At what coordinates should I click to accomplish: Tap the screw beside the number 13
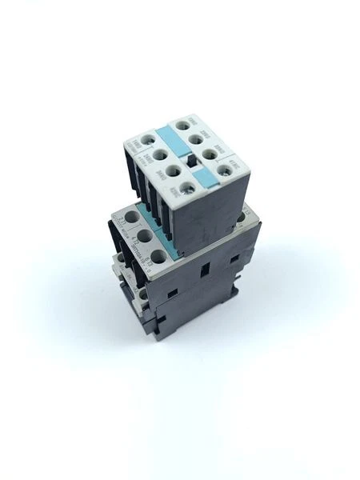242,218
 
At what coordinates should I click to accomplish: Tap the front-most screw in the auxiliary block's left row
186,188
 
